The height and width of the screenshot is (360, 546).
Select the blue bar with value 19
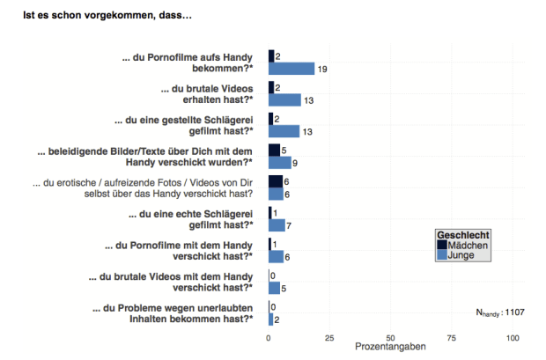click(x=291, y=69)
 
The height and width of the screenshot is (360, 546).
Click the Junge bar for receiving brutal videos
click(x=284, y=100)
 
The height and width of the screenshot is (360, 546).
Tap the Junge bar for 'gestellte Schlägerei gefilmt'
click(x=284, y=131)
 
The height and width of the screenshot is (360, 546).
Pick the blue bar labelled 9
click(x=279, y=163)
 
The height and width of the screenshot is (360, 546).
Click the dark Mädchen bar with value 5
click(x=274, y=151)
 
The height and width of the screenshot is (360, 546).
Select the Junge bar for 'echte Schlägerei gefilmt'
click(x=277, y=225)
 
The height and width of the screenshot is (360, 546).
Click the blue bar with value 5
click(x=274, y=288)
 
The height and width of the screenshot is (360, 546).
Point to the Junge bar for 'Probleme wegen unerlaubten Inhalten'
click(x=270, y=319)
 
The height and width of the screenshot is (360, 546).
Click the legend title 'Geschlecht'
click(x=463, y=235)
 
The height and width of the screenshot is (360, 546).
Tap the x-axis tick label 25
click(x=328, y=338)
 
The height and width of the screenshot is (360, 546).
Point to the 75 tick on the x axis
click(x=451, y=338)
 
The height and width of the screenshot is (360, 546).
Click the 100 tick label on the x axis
click(x=513, y=338)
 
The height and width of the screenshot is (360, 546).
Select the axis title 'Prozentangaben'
click(x=390, y=349)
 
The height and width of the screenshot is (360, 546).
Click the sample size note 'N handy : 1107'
click(x=499, y=311)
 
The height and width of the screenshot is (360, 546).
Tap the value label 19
click(x=322, y=69)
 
